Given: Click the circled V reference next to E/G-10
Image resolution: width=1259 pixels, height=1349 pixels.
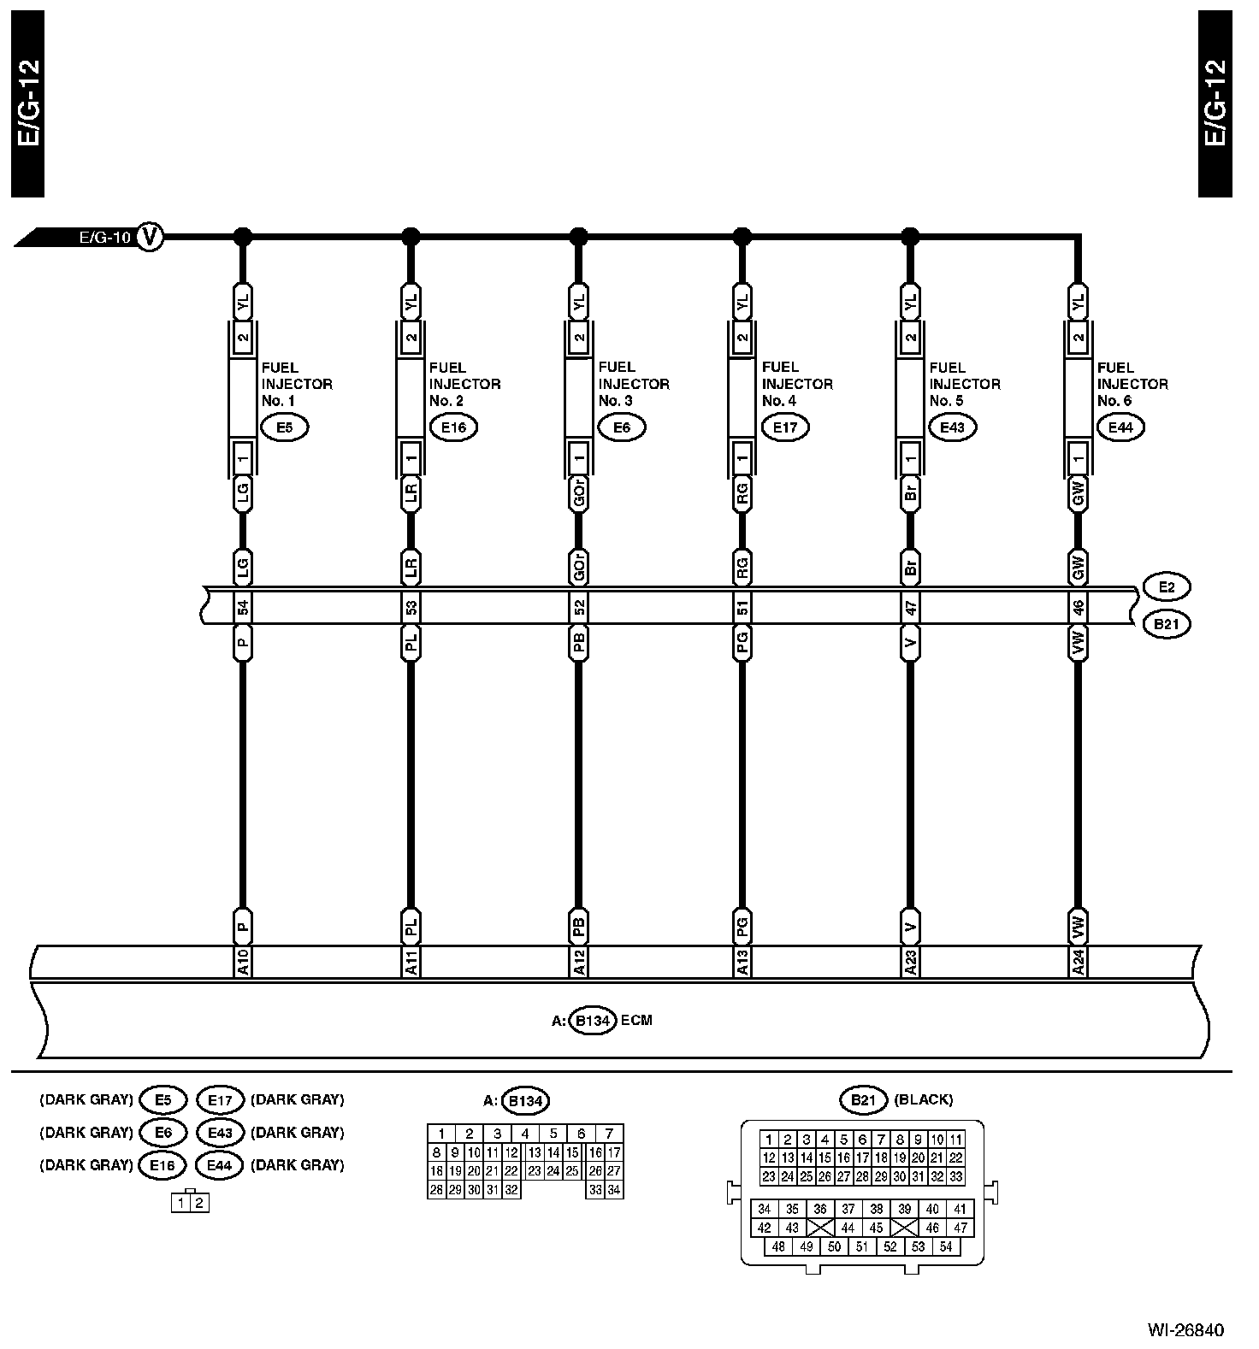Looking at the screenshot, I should pos(150,236).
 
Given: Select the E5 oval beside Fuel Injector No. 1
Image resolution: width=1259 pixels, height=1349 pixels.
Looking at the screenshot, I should pos(284,427).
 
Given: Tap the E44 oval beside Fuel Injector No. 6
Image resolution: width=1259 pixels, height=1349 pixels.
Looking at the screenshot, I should pos(1120,427).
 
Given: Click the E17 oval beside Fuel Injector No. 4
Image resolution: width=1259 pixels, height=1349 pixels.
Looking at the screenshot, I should pos(784,427).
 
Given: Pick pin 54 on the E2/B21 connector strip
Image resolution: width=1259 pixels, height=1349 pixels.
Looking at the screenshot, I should pos(243,608).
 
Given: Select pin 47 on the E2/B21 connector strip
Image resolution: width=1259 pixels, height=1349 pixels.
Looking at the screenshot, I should pos(910,608).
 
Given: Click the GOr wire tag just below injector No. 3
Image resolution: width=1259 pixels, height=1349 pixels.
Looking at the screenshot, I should pos(578,494).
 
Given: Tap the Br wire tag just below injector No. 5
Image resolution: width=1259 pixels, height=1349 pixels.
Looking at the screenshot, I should pos(910,492).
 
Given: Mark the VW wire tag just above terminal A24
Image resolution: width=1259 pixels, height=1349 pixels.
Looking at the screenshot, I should pos(1079,924).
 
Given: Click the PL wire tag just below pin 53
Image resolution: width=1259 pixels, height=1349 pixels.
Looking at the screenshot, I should pos(411,643).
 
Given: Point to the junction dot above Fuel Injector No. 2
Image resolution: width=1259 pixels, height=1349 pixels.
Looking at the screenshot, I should pos(411,236).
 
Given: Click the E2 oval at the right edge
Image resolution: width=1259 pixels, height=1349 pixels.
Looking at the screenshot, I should pos(1166,588).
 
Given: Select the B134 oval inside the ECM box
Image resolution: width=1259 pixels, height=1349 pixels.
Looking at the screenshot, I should pos(593,1020).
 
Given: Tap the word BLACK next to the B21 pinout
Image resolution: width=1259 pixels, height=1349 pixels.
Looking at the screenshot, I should pos(924,1099).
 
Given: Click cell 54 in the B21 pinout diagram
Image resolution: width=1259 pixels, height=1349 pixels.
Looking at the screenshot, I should pos(946,1246).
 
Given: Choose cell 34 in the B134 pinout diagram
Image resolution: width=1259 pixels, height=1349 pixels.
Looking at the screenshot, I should pos(613,1189).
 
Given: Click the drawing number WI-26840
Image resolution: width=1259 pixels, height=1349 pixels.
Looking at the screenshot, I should pos(1185,1330).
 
